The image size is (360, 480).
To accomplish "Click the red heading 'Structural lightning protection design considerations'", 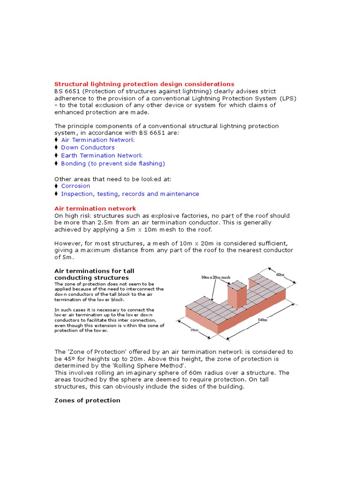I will coord(144,84).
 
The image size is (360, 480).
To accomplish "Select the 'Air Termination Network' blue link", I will coord(97,140).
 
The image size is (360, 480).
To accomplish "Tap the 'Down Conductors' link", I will coord(88,148).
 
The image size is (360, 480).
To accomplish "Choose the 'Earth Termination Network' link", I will coord(102,156).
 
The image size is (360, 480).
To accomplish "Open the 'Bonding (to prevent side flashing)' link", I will coord(113,164).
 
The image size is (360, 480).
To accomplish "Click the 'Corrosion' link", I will coord(75,186).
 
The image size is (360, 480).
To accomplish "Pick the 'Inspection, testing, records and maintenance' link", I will coord(130,194).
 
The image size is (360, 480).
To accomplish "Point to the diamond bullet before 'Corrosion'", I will coord(56,186).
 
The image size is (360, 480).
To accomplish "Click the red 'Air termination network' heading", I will coord(95,208).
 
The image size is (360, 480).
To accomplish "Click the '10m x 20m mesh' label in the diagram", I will coord(216,277).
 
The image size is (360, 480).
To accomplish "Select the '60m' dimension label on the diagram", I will coord(280,275).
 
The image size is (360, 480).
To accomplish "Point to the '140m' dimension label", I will coord(262,320).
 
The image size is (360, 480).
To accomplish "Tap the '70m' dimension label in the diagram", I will coord(194,330).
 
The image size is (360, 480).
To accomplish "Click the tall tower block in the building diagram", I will coord(237,295).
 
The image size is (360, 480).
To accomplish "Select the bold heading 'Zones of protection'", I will coord(87,400).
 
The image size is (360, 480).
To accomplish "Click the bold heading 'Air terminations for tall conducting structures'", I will coord(97,274).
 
